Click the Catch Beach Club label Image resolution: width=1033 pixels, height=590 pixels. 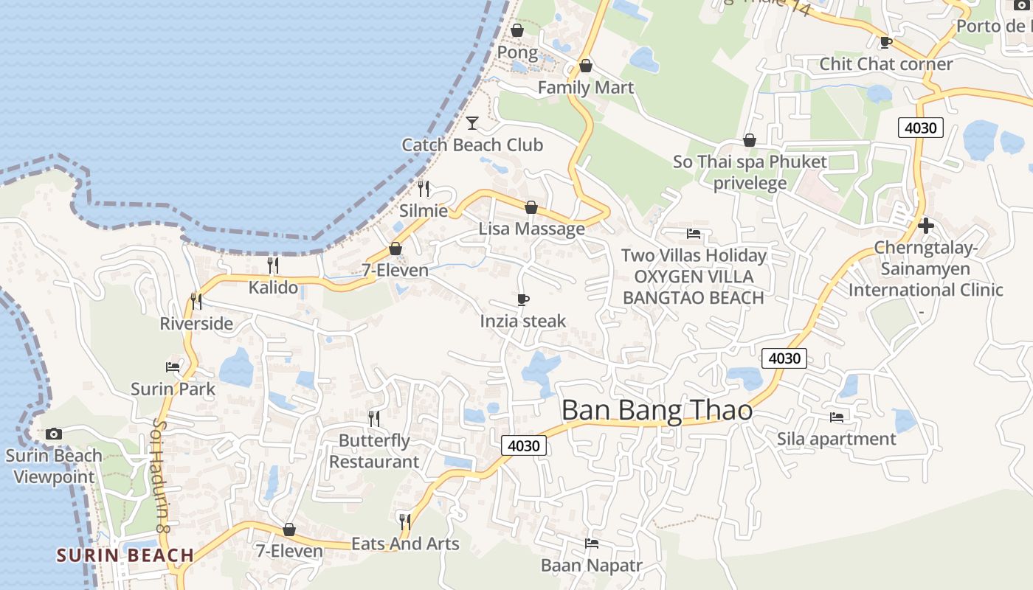472,145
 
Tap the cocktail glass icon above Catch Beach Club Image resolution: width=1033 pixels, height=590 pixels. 472,122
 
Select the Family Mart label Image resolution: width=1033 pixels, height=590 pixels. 585,88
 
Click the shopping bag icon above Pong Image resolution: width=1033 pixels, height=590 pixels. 517,30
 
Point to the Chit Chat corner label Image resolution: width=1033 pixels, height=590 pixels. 886,64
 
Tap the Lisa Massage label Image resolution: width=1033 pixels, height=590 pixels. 531,229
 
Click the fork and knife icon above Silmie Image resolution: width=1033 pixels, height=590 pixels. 424,189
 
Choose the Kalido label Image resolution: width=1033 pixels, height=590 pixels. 273,288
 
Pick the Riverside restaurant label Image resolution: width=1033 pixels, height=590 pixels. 196,324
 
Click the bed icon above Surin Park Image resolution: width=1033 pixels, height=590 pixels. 173,367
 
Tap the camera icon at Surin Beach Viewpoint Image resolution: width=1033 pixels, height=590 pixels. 54,434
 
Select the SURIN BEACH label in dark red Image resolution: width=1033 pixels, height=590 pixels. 125,555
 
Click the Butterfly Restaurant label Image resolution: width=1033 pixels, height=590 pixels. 374,451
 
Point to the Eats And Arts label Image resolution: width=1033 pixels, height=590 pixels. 405,544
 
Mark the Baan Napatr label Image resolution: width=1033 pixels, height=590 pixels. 592,566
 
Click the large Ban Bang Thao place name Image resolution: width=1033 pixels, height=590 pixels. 657,410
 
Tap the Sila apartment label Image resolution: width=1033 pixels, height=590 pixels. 836,440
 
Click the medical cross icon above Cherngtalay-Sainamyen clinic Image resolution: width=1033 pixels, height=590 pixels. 926,225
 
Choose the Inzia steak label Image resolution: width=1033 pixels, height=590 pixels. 523,321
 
